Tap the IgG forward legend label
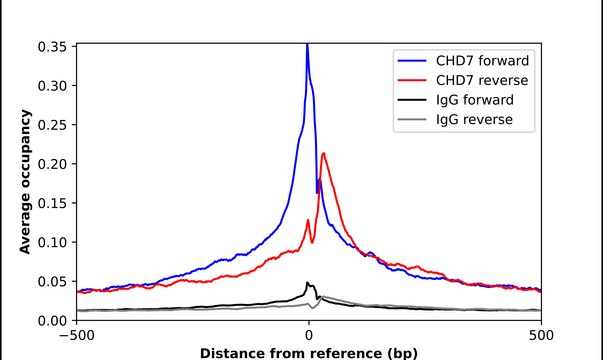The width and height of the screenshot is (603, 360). tap(473, 101)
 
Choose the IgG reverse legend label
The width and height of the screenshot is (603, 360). tap(472, 121)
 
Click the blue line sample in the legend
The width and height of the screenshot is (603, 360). tap(413, 59)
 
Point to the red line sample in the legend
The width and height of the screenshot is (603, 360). tap(413, 80)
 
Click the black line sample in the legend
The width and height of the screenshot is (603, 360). tap(413, 101)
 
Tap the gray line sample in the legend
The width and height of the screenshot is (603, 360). tap(413, 121)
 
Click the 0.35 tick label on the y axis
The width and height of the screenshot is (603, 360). tap(52, 47)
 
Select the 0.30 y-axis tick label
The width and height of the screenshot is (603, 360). tap(52, 86)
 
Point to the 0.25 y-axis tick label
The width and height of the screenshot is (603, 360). tap(52, 125)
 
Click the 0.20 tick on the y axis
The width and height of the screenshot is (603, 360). tap(52, 164)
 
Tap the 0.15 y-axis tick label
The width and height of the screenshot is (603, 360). tap(52, 203)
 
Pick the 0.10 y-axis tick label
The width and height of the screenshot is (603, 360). tap(52, 242)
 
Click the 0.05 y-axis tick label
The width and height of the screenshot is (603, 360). tap(52, 281)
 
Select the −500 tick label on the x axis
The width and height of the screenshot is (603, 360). tap(76, 336)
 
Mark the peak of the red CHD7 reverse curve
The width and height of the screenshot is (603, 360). tap(323, 153)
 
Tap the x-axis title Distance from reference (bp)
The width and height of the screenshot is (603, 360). tap(309, 353)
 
